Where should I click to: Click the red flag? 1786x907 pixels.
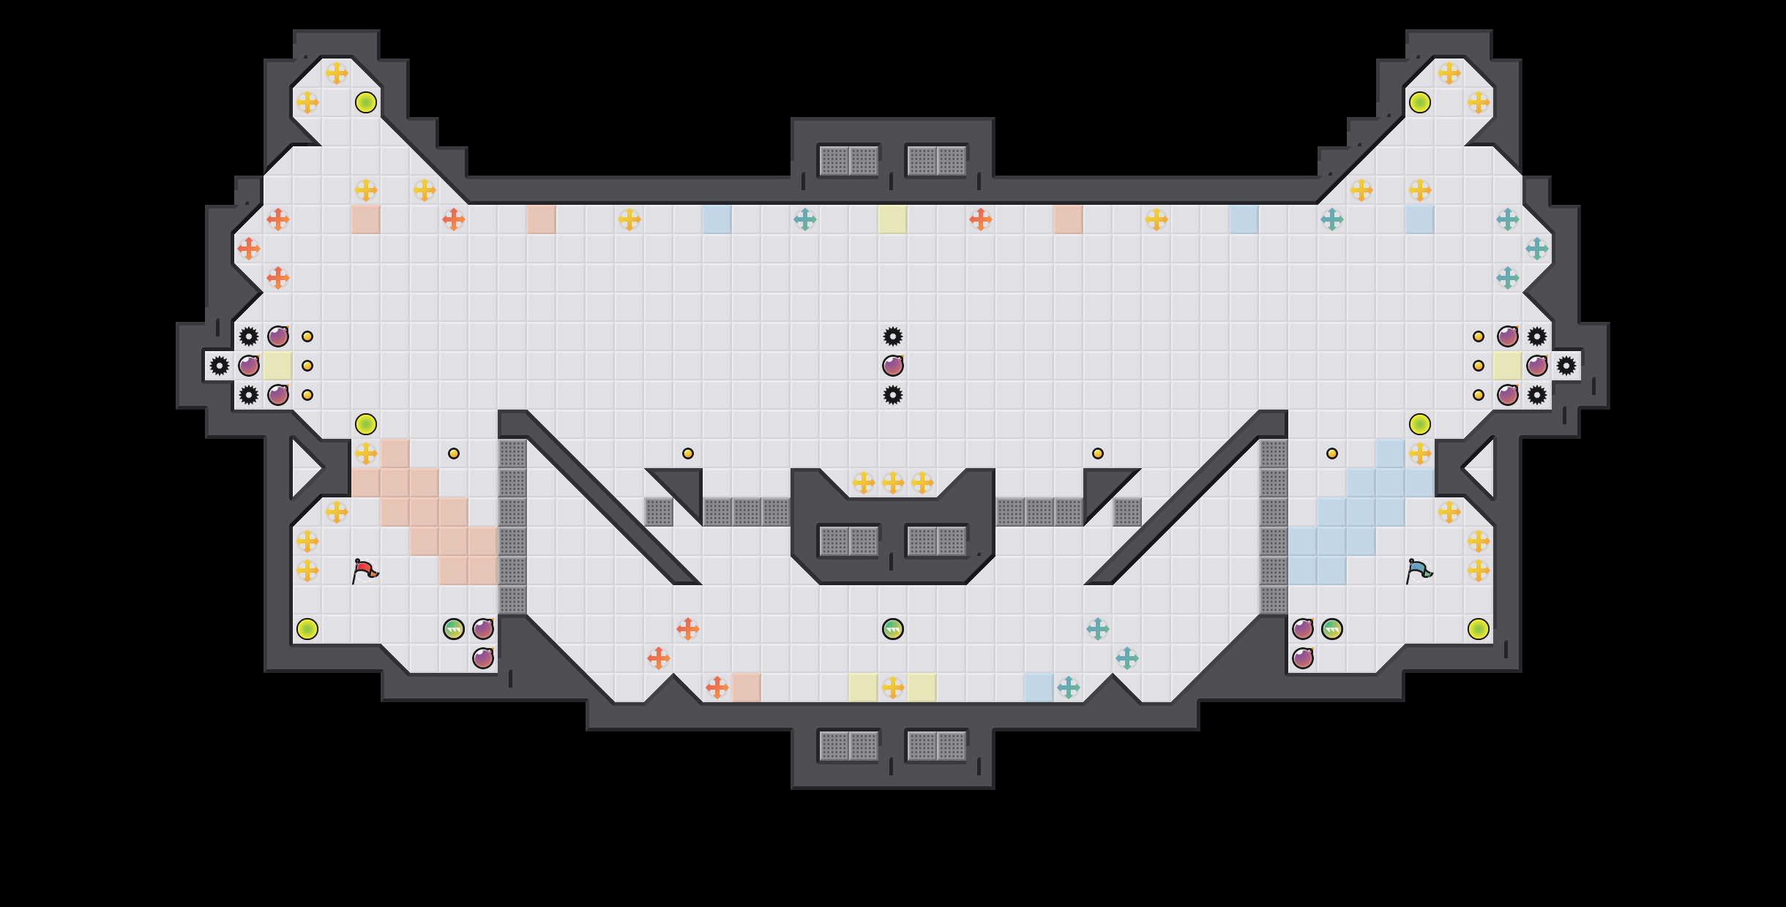tap(365, 571)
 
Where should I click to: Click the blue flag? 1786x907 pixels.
tap(1419, 571)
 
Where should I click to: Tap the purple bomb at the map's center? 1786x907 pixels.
tap(893, 366)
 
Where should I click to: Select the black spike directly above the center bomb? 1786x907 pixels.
tap(893, 336)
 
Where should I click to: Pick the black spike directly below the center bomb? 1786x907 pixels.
tap(893, 395)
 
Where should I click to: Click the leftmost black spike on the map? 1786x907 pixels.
tap(220, 366)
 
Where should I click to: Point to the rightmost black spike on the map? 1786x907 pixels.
tap(1566, 366)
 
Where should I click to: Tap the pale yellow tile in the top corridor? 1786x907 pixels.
tap(893, 219)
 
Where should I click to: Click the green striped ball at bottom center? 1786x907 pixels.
tap(893, 629)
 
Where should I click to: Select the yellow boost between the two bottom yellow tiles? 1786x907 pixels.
tap(893, 688)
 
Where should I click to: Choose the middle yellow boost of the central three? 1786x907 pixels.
tap(893, 483)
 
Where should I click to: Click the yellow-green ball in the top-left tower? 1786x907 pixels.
tap(366, 102)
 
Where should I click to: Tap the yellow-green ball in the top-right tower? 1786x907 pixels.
tap(1420, 102)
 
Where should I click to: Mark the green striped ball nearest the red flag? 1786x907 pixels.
tap(454, 629)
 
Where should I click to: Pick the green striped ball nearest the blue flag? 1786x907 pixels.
tap(1332, 629)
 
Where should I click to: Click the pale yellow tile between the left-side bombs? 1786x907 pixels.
tap(278, 366)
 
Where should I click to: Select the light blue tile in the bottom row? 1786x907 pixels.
tap(1039, 688)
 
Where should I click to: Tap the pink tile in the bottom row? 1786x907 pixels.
tap(747, 688)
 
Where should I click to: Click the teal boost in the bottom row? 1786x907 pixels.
tap(1069, 688)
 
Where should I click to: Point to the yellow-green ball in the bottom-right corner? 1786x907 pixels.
tap(1479, 629)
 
